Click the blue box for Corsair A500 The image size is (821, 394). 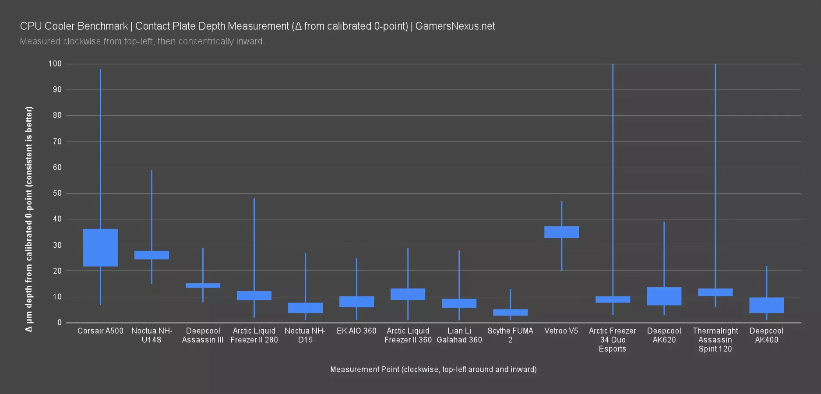[x=100, y=247]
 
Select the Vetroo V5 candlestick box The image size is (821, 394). [x=561, y=232]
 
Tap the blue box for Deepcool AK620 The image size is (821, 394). [x=664, y=296]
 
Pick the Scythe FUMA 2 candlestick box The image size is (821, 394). [x=510, y=312]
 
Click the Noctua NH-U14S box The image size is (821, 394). [x=152, y=255]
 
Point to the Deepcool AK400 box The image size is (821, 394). [x=766, y=305]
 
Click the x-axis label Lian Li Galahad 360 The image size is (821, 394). [x=459, y=335]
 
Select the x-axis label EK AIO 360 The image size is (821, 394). [x=356, y=331]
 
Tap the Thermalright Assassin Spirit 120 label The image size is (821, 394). [x=715, y=340]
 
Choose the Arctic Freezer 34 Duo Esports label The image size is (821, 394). [x=613, y=340]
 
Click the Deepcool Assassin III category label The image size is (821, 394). [x=203, y=335]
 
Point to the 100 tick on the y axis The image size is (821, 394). [x=55, y=64]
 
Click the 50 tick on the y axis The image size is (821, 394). [x=57, y=193]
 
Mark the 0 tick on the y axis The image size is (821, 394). [x=59, y=323]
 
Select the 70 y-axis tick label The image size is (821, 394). [x=57, y=141]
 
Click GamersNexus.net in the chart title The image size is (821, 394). [x=455, y=26]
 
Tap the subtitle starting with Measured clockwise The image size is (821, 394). [x=142, y=42]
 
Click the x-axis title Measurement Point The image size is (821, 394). [x=433, y=369]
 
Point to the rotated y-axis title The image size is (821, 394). [x=29, y=219]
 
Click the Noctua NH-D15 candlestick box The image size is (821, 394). [x=305, y=308]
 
